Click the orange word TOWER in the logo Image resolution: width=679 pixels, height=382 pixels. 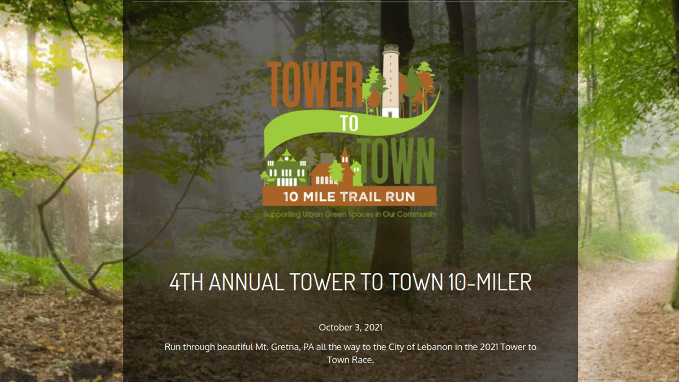click(x=315, y=84)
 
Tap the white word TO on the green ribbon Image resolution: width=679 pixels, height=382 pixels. click(x=349, y=123)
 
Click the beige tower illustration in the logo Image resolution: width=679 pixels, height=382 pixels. click(x=390, y=81)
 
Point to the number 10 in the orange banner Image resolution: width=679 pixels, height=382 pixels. click(x=291, y=197)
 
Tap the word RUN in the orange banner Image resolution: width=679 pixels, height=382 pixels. click(x=400, y=197)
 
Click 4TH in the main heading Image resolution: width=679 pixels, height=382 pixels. click(x=186, y=282)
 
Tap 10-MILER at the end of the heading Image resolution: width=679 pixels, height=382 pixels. click(x=489, y=282)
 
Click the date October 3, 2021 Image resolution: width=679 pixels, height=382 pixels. click(x=350, y=328)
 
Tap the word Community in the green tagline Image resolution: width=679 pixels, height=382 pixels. click(x=417, y=214)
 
